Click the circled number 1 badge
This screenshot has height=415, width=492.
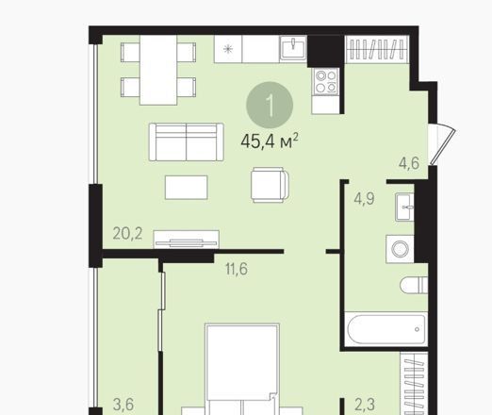(270, 105)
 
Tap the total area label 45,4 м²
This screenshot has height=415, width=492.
(270, 141)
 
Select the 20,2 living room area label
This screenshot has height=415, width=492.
(127, 234)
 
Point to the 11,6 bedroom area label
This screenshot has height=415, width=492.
(237, 269)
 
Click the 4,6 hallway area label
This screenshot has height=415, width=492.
(409, 163)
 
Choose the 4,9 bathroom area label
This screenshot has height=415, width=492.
(365, 199)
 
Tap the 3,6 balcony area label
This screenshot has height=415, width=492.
(123, 405)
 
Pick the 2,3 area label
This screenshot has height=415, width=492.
(365, 405)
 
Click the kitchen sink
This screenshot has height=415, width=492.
(293, 47)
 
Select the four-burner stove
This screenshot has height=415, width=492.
(326, 81)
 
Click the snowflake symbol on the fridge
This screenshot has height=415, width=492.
(228, 49)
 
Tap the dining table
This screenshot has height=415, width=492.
(158, 70)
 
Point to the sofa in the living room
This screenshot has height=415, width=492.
(187, 142)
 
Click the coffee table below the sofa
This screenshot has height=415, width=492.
(187, 188)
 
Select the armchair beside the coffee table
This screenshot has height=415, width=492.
(271, 185)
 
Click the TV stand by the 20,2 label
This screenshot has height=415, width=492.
(187, 240)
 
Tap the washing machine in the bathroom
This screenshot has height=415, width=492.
(400, 249)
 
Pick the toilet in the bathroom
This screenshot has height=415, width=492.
(414, 286)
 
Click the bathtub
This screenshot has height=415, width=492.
(385, 329)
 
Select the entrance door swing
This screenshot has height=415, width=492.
(442, 144)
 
